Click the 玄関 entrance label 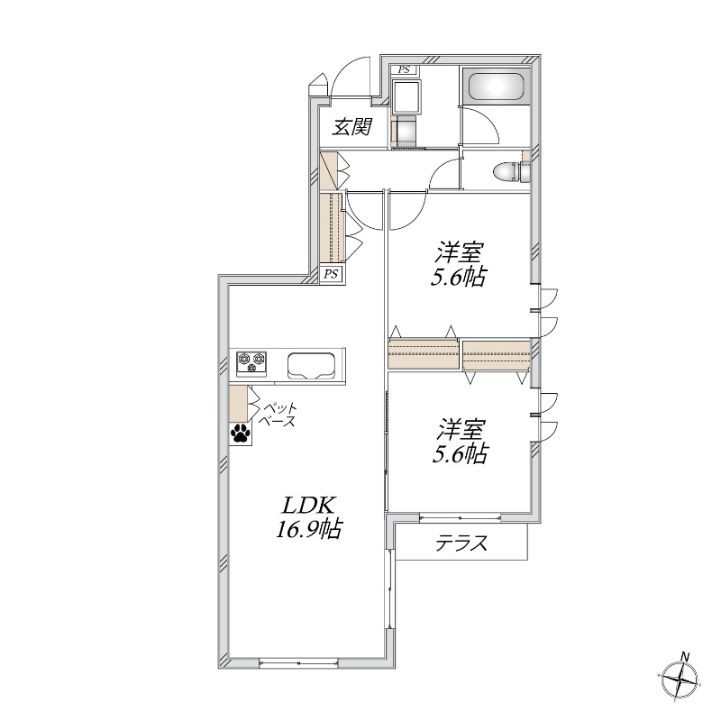point(352,126)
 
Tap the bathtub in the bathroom point(497,86)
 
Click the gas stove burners point(251,361)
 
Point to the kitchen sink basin point(311,366)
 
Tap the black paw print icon point(241,434)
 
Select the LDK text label point(307,506)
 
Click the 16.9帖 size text point(307,529)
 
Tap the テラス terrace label point(461,543)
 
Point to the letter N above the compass point(685,656)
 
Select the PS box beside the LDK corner point(331,274)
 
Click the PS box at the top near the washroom point(404,70)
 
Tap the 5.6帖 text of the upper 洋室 point(458,278)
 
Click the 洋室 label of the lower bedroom point(460,429)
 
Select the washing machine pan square point(406,96)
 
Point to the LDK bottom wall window point(298,341)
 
